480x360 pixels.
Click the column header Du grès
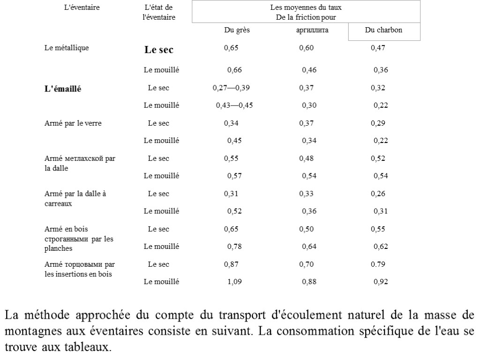236,30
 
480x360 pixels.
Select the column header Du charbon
383,30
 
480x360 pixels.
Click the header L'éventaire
82,7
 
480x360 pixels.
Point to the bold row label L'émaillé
62,89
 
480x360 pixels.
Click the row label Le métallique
66,47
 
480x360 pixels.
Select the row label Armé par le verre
73,123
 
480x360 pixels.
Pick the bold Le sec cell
158,50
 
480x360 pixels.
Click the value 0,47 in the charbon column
378,47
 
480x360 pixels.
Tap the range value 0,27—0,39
231,88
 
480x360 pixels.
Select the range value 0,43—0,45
234,105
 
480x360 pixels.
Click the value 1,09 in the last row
234,282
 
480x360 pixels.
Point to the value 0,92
381,282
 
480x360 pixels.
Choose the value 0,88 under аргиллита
309,282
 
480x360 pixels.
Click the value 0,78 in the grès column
234,246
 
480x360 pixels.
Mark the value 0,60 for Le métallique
306,47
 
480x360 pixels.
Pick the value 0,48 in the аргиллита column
306,158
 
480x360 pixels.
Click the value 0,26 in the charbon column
378,194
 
